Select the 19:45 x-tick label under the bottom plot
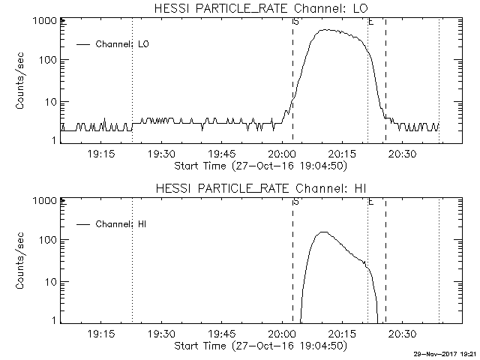tap(221, 334)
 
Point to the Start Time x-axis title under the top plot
tap(259, 165)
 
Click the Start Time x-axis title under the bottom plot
tap(259, 345)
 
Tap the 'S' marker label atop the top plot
tap(295, 22)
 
